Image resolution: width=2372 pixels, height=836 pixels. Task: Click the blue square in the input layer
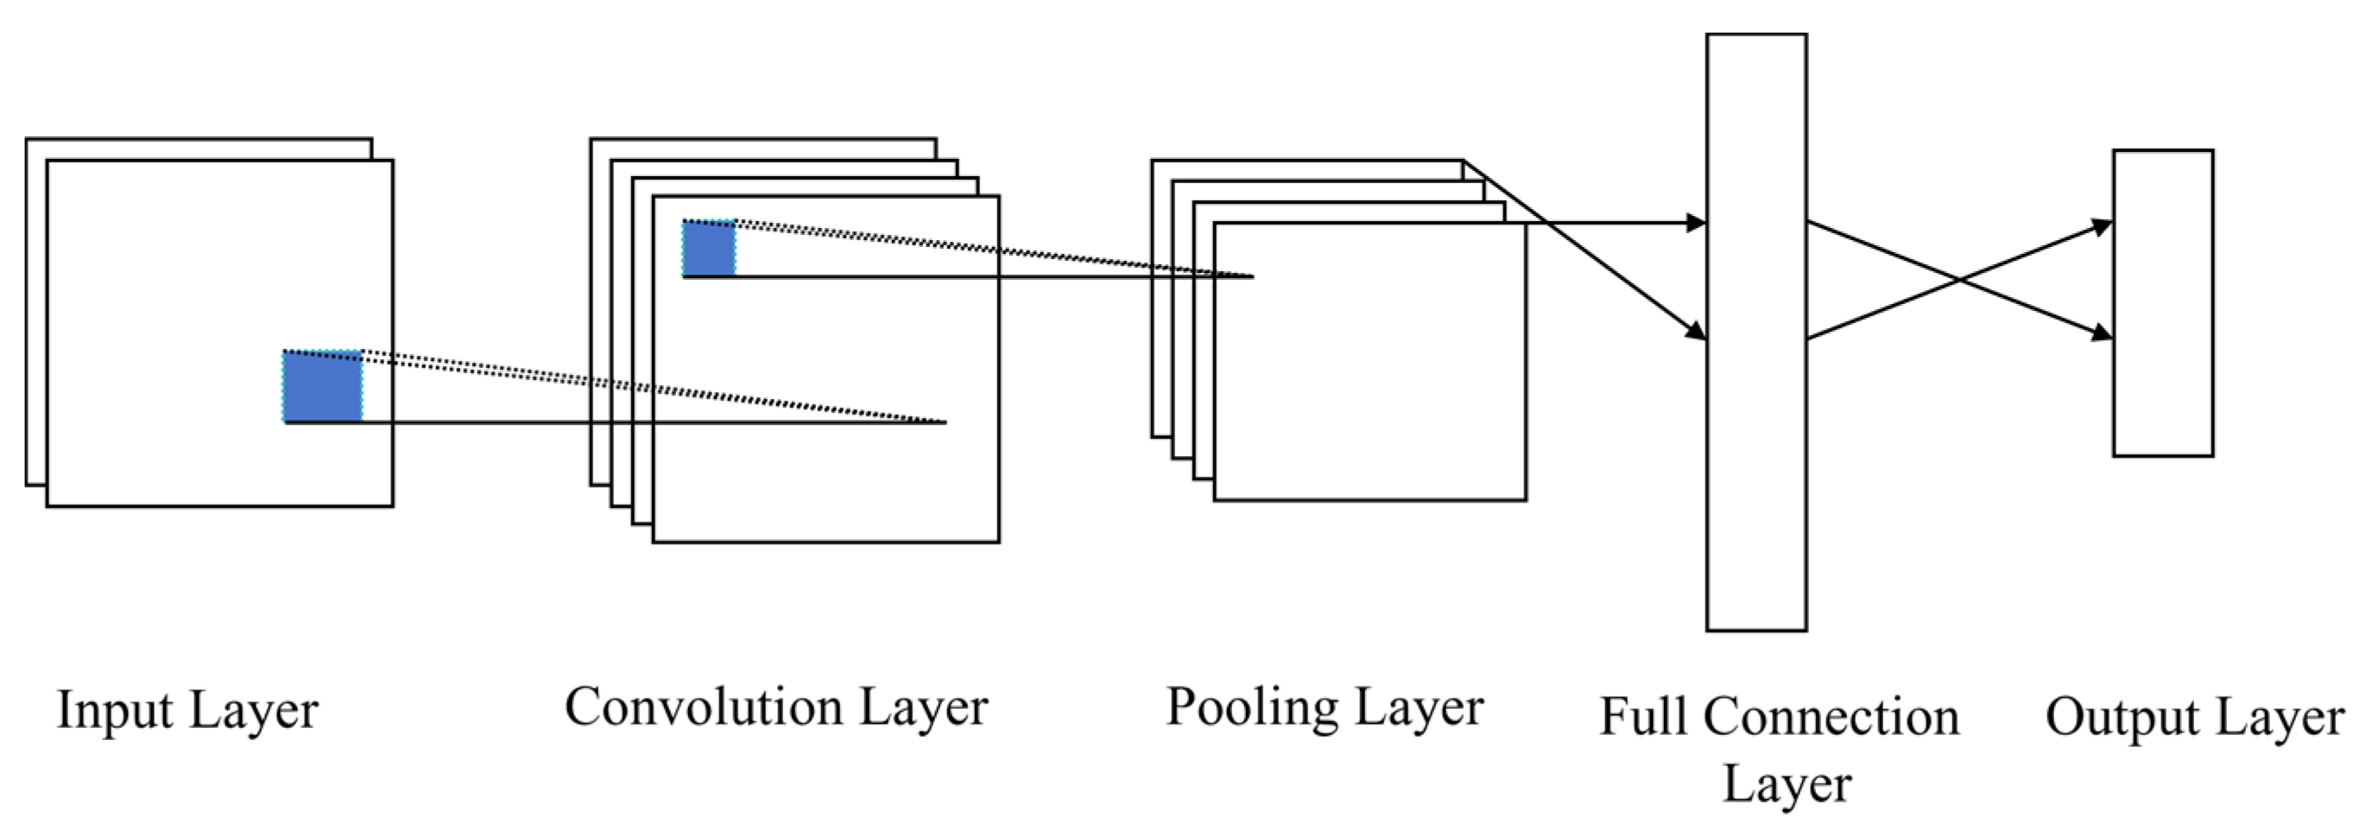point(322,387)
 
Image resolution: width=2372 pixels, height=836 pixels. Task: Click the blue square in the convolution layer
point(709,249)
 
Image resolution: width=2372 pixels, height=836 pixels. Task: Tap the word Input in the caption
point(114,710)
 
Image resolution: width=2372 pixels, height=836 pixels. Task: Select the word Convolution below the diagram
point(704,707)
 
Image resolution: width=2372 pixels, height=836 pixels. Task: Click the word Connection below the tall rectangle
point(1831,716)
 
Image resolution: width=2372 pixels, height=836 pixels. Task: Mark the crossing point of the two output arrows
point(1958,279)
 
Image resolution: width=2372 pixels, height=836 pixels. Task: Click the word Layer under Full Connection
point(1787,784)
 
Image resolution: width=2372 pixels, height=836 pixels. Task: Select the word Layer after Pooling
point(1419,708)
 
